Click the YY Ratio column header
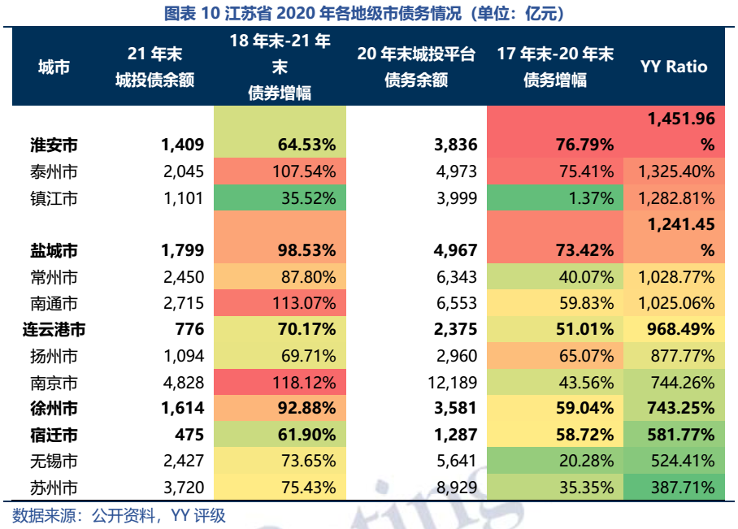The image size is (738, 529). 674,67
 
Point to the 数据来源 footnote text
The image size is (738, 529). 119,515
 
